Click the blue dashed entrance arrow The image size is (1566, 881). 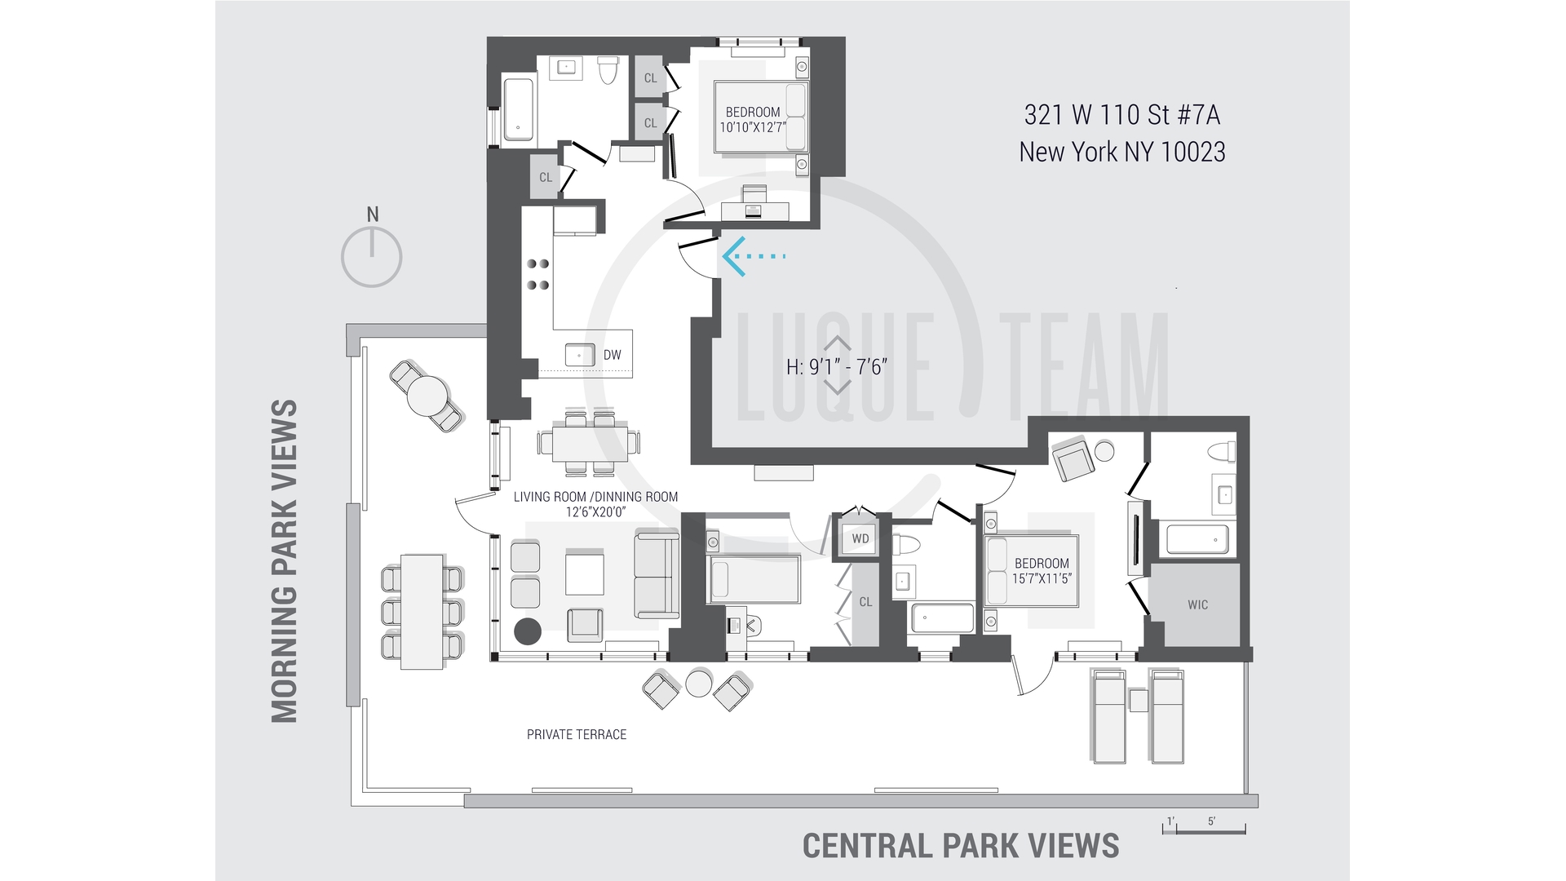coord(752,256)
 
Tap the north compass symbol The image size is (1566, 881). coord(372,256)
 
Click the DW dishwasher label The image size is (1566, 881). coord(612,355)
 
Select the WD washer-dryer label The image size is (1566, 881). coord(860,538)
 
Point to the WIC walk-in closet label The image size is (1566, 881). coord(1197,604)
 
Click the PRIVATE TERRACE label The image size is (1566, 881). coord(577,734)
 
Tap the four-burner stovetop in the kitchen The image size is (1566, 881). coord(537,274)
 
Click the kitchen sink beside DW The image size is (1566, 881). coord(580,356)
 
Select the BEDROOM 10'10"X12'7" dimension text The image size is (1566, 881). coord(752,120)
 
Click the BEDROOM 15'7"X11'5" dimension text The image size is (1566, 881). coord(1042,571)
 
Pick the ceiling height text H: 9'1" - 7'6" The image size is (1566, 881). coord(836,367)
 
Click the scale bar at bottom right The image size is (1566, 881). coord(1204,829)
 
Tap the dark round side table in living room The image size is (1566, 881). coord(528,631)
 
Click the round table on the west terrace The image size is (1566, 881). coord(427,396)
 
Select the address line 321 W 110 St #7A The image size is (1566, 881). coord(1122,115)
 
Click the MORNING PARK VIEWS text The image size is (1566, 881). coord(285,561)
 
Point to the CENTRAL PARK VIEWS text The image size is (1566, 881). coord(961,846)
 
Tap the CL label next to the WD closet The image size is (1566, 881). coord(865,602)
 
